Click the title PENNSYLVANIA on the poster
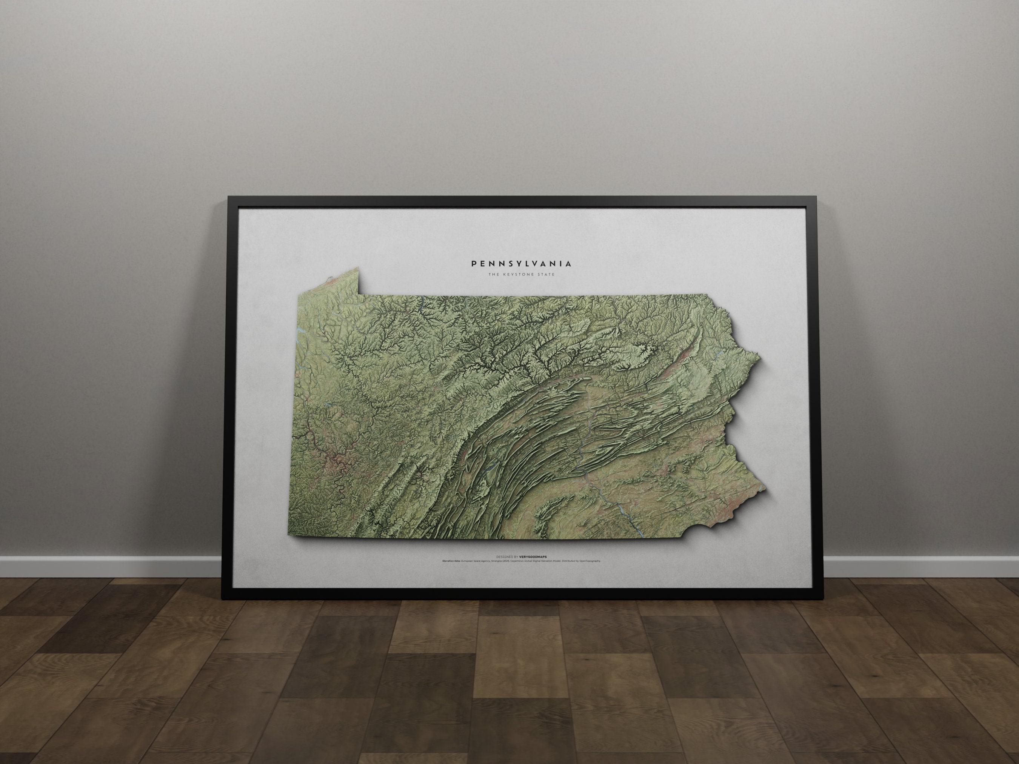pyautogui.click(x=522, y=264)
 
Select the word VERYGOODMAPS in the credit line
pyautogui.click(x=533, y=557)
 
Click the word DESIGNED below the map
pyautogui.click(x=504, y=557)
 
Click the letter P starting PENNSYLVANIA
pyautogui.click(x=474, y=264)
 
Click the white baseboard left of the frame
pyautogui.click(x=111, y=566)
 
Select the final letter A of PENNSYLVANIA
pyautogui.click(x=570, y=264)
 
